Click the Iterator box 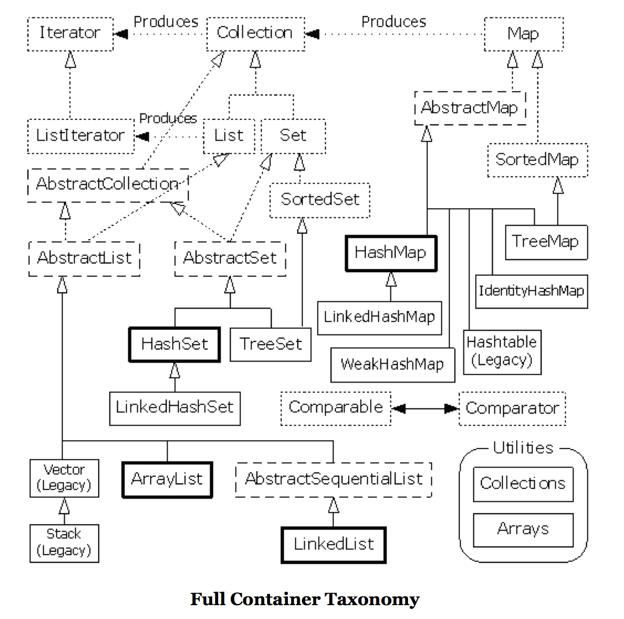[70, 34]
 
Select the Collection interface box [255, 34]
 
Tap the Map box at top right [523, 34]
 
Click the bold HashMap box [391, 253]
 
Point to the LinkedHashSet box [175, 408]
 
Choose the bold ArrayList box [167, 479]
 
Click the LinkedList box [334, 544]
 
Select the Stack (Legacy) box [64, 543]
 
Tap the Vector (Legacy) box [64, 478]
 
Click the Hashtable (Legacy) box [502, 352]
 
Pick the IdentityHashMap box [531, 291]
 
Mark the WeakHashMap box [393, 364]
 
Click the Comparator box [512, 409]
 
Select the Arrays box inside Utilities [523, 530]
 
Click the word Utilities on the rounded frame [523, 448]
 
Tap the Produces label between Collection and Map [394, 22]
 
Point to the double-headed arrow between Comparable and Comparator [425, 409]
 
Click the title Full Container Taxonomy [305, 599]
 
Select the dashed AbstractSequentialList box [333, 479]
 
